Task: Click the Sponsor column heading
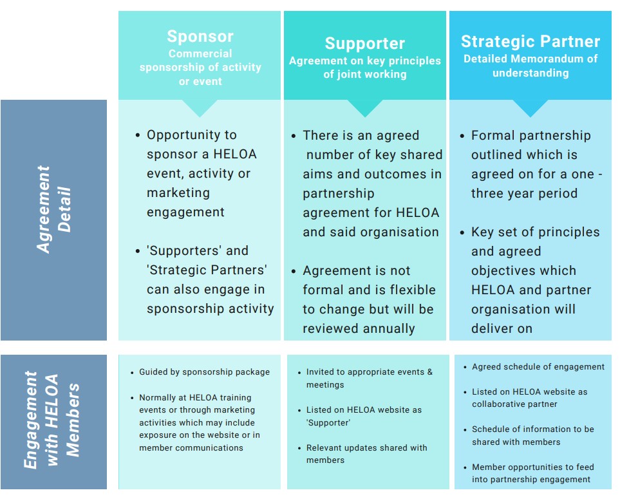(200, 37)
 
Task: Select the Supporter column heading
(365, 44)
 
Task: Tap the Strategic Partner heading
(531, 41)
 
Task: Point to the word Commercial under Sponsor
(200, 53)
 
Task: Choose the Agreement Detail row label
(54, 210)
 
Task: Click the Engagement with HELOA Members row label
(52, 420)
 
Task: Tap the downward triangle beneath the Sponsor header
(200, 108)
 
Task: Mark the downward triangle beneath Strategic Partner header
(531, 108)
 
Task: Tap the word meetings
(325, 385)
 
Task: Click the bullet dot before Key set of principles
(462, 233)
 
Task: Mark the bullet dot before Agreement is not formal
(294, 272)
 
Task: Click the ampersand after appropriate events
(430, 372)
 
